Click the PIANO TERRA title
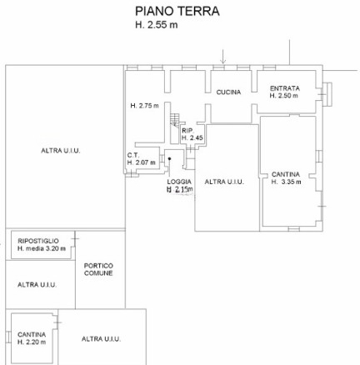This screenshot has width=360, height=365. point(177,12)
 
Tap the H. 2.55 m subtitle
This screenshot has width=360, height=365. point(157,25)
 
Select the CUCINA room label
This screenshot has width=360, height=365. point(228,92)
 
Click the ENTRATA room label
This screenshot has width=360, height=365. point(285,88)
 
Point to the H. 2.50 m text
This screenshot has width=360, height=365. point(283,96)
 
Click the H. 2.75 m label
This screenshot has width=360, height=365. point(144,106)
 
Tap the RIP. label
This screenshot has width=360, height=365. point(187,131)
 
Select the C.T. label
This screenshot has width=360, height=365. point(133,155)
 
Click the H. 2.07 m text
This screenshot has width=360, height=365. point(141,162)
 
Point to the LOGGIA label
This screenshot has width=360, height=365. point(179,182)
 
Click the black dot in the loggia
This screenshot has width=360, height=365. point(169,158)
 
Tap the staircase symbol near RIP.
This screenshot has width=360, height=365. point(174,120)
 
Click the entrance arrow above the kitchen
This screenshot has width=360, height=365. point(222,57)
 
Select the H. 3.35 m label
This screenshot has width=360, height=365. point(286,182)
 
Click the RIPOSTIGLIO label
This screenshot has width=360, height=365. point(38,241)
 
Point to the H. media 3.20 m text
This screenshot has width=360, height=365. point(42,248)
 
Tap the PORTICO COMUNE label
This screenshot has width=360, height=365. point(98,269)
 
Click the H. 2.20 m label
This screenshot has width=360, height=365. point(32,342)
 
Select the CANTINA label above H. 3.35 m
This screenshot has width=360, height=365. point(286,174)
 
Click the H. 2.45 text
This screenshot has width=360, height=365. point(192,137)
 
